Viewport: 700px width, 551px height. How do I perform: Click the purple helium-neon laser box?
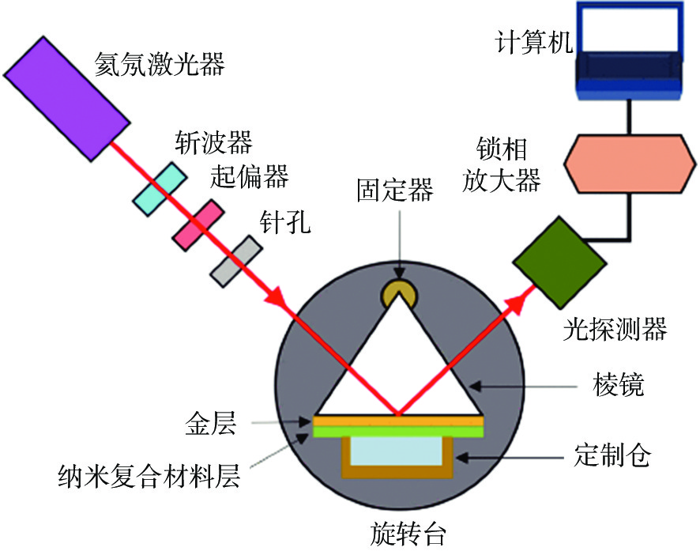67,99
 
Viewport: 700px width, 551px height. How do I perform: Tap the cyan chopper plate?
160,189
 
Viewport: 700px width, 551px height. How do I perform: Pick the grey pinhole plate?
236,261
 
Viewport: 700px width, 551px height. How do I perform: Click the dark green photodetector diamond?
559,262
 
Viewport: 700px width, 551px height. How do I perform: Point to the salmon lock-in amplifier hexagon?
630,164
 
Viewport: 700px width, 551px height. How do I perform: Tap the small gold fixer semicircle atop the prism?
399,293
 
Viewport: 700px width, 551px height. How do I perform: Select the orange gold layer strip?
398,421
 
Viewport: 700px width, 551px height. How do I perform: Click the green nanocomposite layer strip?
398,432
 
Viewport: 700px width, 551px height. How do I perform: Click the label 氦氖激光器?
160,64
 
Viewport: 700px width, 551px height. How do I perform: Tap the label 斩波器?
213,142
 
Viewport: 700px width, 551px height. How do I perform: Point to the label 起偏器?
250,175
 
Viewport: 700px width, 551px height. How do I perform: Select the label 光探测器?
615,329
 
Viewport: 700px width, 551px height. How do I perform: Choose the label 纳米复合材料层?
149,476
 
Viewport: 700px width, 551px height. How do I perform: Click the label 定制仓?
612,455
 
